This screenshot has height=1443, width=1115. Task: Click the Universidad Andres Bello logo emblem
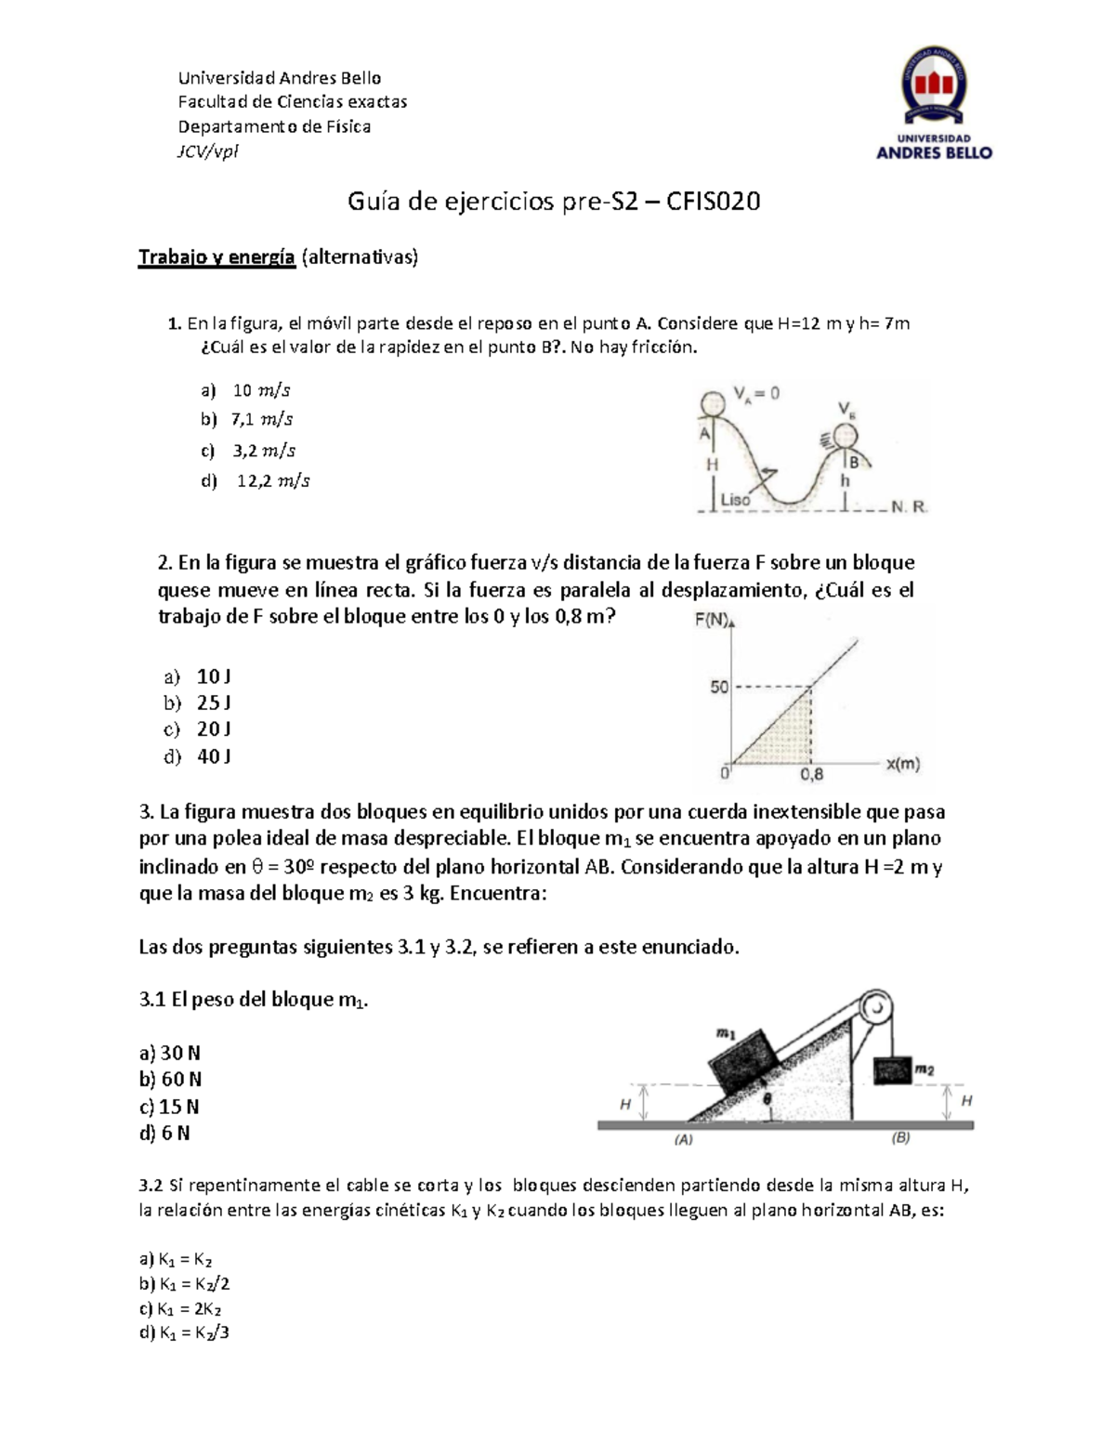pos(934,87)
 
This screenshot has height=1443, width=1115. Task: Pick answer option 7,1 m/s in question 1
pos(262,420)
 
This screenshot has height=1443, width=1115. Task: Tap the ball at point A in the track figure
pos(713,404)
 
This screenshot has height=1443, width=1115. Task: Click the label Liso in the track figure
pos(735,499)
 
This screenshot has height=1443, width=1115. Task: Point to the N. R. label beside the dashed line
pos(907,507)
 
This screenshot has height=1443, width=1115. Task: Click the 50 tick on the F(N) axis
pos(719,688)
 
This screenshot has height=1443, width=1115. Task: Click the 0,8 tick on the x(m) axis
pos(811,774)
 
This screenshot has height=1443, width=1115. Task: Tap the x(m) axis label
pos(902,765)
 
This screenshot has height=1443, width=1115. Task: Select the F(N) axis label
pos(712,621)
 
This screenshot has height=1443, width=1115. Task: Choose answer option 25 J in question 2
pos(214,702)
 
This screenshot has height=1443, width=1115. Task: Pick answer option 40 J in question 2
pos(214,756)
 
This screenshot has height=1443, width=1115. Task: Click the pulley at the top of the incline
pos(874,1006)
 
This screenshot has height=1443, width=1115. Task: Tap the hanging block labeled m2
pos(893,1069)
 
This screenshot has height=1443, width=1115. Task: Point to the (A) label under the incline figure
pos(684,1139)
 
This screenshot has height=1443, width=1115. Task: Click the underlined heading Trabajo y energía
pos(216,257)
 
